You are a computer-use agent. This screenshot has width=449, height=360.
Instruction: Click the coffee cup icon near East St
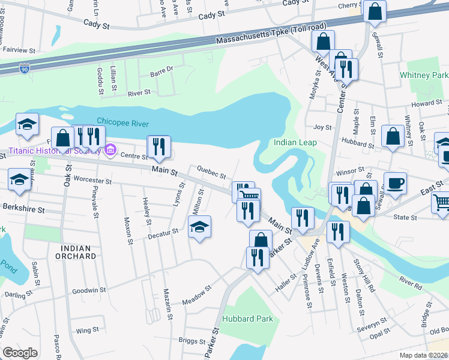[x=394, y=183]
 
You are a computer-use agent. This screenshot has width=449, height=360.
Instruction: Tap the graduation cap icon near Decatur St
[x=200, y=227]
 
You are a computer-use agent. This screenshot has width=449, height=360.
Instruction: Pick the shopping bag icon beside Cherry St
[x=375, y=11]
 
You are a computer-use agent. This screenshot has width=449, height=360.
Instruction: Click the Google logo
[x=20, y=353]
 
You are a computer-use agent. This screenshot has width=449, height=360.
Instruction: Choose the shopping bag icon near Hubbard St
[x=393, y=136]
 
